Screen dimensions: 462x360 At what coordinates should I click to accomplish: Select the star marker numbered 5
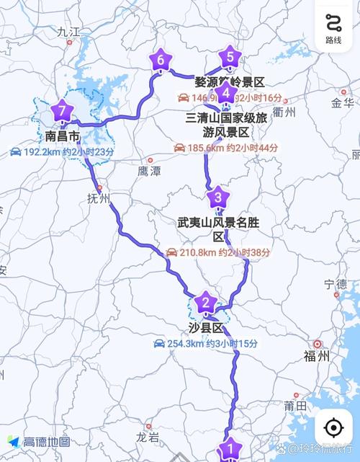[230, 55]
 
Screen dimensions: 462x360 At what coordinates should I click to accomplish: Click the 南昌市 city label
[62, 136]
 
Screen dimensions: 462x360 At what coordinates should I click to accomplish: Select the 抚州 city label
[98, 198]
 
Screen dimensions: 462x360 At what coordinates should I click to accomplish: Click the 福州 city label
[317, 355]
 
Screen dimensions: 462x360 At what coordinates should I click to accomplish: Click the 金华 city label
[343, 103]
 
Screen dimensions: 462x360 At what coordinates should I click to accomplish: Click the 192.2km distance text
[43, 152]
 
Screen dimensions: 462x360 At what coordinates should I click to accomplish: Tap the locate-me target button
[333, 427]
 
